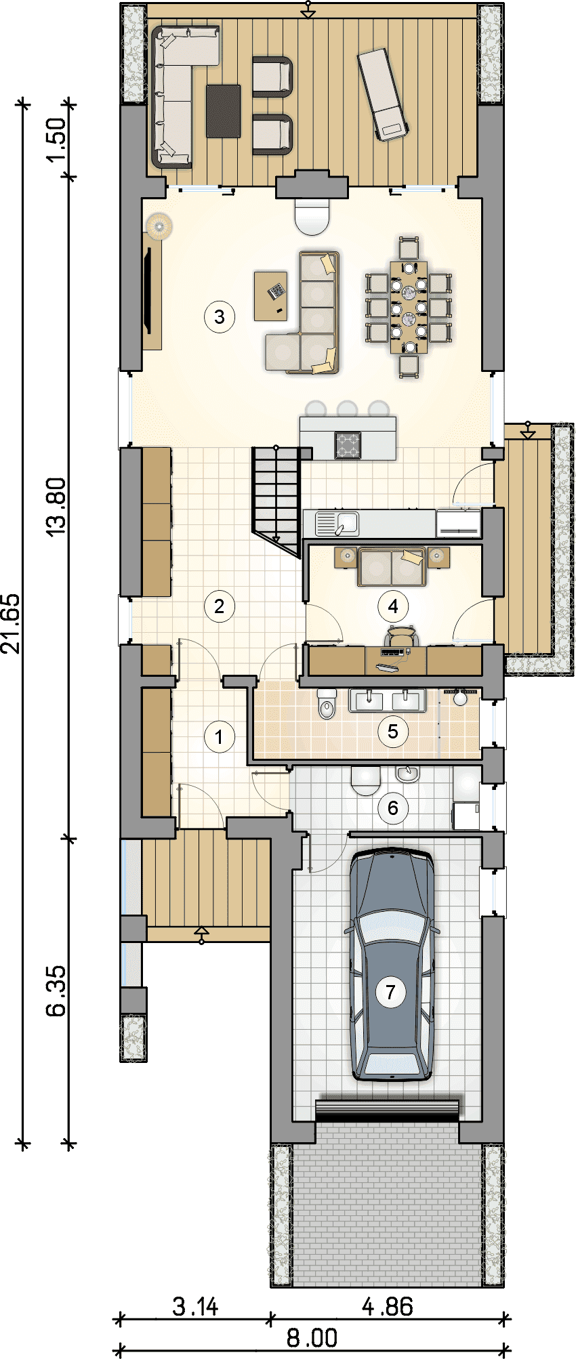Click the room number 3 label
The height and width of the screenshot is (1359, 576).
point(220,316)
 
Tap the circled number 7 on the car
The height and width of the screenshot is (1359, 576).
point(390,992)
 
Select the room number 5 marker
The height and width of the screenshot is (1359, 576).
point(393,731)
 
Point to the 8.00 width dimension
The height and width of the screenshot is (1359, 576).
point(312,1338)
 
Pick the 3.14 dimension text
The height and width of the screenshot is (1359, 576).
point(195,1306)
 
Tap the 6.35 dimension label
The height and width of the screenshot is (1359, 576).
point(56,990)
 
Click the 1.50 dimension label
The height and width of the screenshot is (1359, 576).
point(56,139)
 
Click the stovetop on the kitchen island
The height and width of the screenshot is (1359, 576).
point(348,445)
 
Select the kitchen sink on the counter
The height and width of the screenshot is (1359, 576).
point(337,524)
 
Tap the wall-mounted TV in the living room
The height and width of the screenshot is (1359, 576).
point(148,291)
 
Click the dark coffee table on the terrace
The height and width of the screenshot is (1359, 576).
point(223,111)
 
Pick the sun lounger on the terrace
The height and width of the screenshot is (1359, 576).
point(382,94)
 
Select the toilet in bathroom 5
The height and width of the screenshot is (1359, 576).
point(327,704)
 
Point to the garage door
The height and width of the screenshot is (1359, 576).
point(387,1109)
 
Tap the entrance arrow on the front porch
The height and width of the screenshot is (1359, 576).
point(201,935)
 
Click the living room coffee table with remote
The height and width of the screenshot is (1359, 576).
point(271,295)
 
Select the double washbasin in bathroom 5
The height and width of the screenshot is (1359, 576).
point(387,701)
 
